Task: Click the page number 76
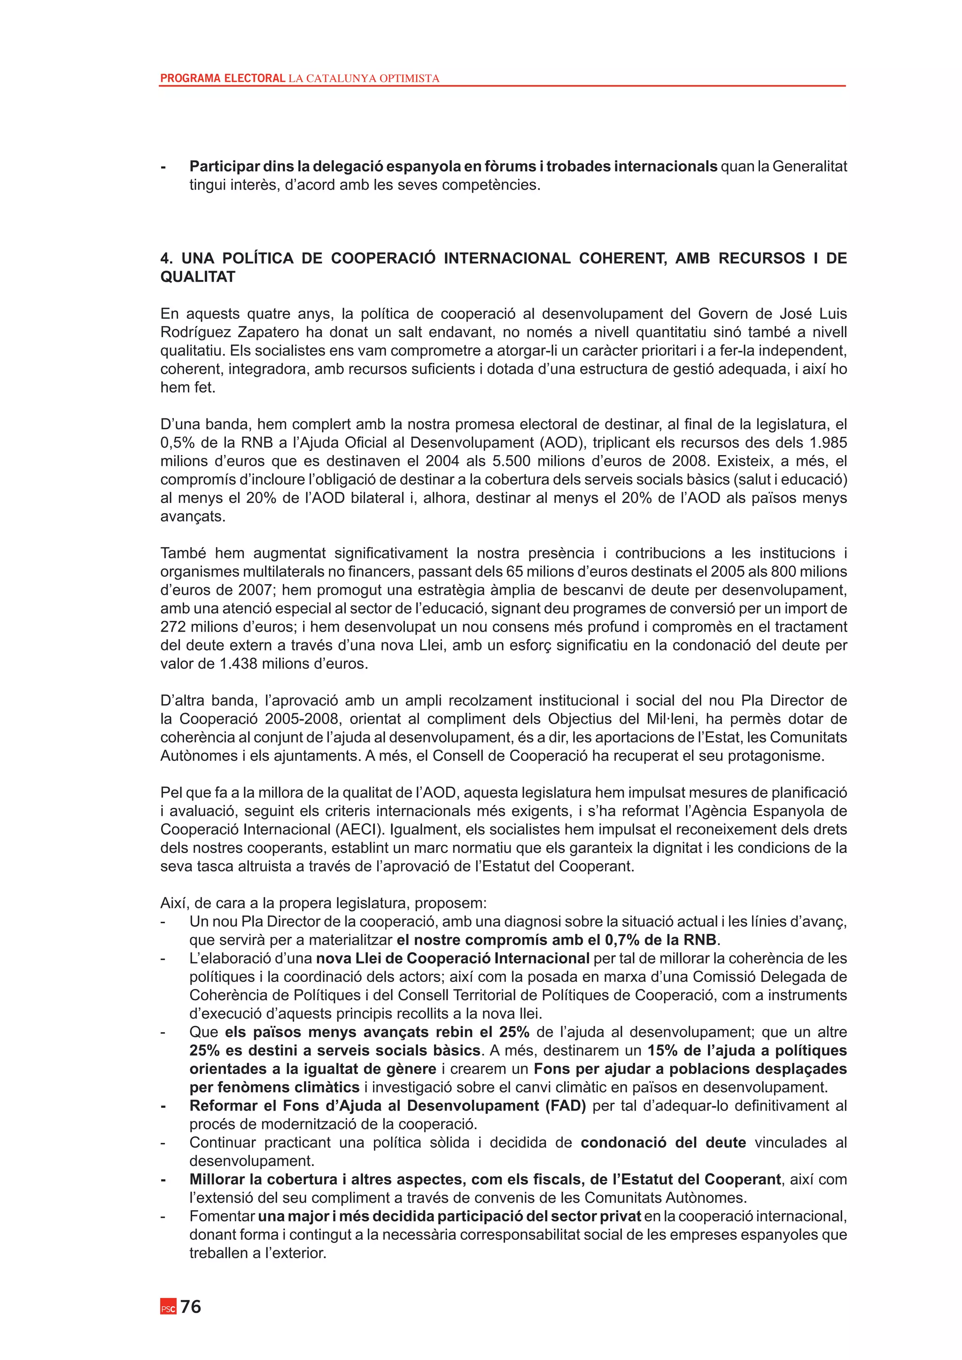click(191, 1306)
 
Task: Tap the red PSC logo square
click(168, 1307)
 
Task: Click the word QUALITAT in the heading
click(198, 277)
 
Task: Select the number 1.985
click(828, 443)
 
